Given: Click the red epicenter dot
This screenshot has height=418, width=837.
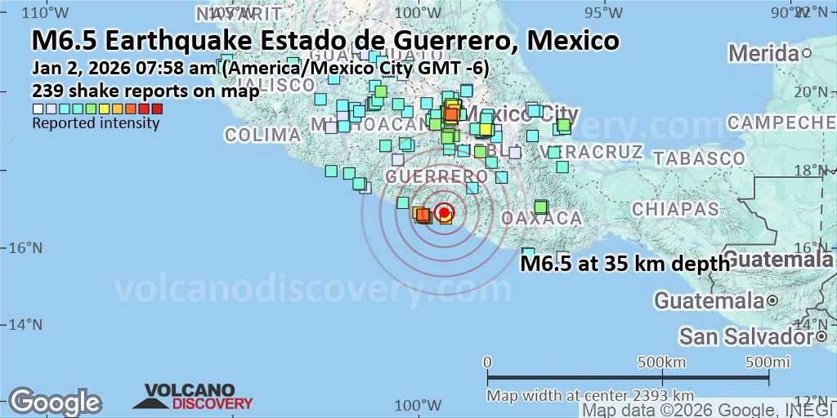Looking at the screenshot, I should tap(444, 213).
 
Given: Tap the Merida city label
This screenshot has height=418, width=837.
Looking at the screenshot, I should tap(764, 53).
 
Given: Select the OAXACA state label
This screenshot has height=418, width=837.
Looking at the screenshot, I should tap(541, 219).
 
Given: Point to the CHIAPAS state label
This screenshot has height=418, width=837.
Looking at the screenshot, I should tap(675, 209).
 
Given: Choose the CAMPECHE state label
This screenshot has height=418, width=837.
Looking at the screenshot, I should tap(781, 122).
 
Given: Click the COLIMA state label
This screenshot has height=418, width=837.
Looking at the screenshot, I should tap(263, 135).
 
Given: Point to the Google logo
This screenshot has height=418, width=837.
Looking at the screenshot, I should tap(55, 402).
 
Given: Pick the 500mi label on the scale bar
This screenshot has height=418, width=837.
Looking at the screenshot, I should tap(765, 362).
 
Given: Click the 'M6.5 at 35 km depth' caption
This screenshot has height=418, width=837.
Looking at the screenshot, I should tap(625, 263).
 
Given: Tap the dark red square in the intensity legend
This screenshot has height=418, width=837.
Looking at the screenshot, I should tap(157, 109).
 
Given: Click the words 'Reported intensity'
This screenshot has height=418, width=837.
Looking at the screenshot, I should tap(96, 123).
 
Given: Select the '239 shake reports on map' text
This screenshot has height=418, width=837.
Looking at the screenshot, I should tap(145, 91).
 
